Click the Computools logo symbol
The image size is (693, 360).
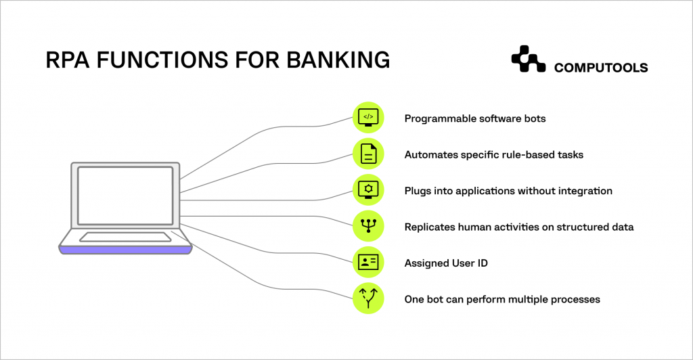(x=528, y=60)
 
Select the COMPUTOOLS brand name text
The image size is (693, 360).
(x=601, y=68)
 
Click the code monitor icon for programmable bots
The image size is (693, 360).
(x=368, y=118)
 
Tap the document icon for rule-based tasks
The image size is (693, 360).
(x=368, y=155)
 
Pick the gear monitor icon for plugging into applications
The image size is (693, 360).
(x=368, y=191)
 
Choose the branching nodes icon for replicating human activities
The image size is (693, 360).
(x=368, y=227)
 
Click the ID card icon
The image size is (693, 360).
(x=368, y=263)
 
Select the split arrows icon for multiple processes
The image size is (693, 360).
(x=368, y=298)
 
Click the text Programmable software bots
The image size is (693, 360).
(x=474, y=118)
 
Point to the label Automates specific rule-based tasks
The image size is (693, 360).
(x=493, y=155)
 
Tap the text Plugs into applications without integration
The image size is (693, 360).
(x=508, y=191)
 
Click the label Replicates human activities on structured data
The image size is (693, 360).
(x=518, y=227)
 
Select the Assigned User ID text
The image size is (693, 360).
(x=446, y=263)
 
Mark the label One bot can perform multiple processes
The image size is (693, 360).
(x=501, y=299)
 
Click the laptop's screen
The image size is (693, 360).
(x=125, y=196)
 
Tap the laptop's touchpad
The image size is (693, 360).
(x=126, y=237)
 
